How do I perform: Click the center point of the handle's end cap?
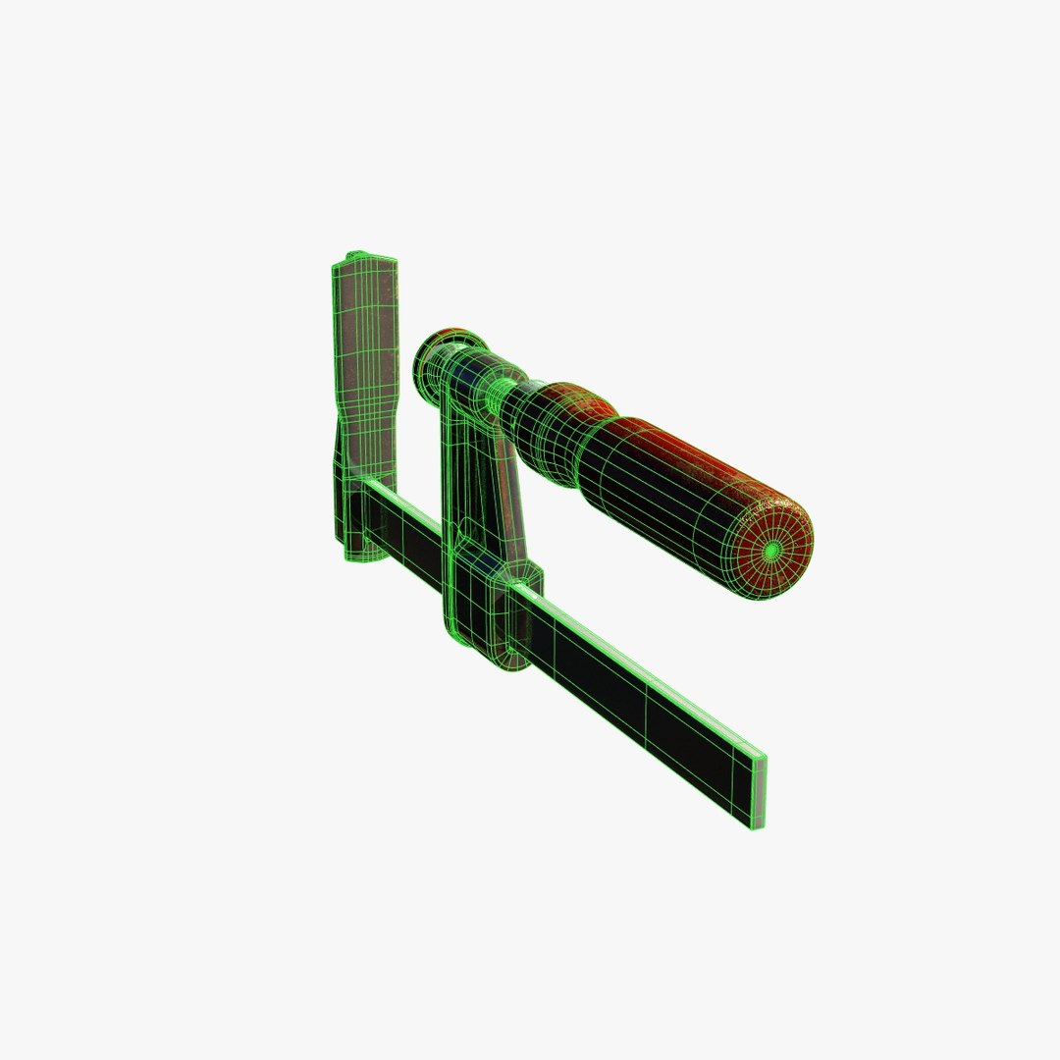pyautogui.click(x=772, y=552)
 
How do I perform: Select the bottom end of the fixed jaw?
pyautogui.click(x=359, y=550)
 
